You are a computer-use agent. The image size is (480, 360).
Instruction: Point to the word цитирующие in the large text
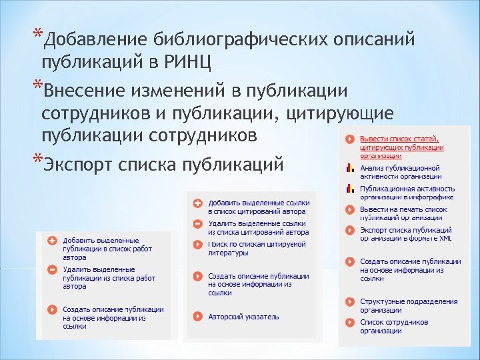coord(339,113)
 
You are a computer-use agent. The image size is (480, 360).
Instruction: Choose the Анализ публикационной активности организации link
coord(400,171)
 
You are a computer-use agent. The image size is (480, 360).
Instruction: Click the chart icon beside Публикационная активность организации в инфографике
coord(349,189)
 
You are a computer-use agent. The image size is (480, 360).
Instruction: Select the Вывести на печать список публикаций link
coord(403,213)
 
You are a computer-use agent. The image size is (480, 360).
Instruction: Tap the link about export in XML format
coord(405,233)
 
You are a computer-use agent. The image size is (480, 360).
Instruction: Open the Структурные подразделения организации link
coord(408,305)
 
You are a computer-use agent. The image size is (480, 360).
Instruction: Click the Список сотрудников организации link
coord(393,326)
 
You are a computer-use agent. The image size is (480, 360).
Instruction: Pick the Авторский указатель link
coord(243,317)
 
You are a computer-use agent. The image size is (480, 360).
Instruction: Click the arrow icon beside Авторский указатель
coord(197,317)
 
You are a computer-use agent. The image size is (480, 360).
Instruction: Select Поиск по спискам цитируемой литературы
coord(257,248)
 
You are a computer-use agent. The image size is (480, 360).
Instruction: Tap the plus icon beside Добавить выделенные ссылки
coord(197,203)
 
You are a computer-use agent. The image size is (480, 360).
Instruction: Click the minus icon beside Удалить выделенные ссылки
coord(197,224)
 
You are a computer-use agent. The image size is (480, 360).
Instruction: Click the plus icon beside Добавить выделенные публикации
coord(52,240)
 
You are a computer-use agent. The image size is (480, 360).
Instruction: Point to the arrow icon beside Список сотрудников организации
coord(349,323)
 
